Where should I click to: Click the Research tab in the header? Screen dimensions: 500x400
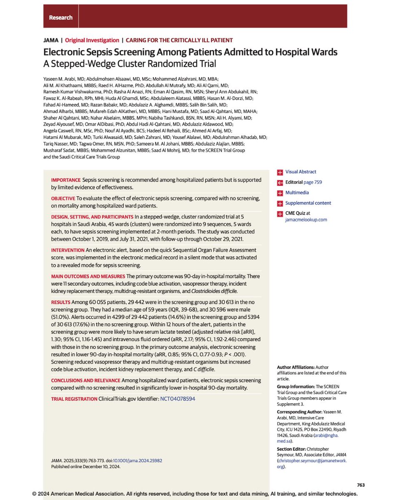(60, 17)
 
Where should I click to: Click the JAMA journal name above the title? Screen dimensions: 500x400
(50, 40)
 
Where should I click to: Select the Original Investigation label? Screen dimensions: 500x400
(92, 40)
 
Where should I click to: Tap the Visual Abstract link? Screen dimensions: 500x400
(300, 172)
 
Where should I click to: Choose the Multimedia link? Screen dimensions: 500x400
(297, 192)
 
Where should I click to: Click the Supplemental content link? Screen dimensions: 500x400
(308, 203)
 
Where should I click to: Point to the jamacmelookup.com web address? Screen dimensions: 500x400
(306, 219)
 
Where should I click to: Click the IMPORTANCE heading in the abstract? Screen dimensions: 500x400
(65, 180)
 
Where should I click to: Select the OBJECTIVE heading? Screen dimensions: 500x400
(63, 199)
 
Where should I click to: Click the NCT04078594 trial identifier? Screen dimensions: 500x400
(177, 399)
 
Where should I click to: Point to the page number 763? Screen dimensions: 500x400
(361, 485)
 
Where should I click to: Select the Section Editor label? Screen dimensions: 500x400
(290, 449)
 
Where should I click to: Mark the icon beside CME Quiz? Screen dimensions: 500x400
(280, 213)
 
